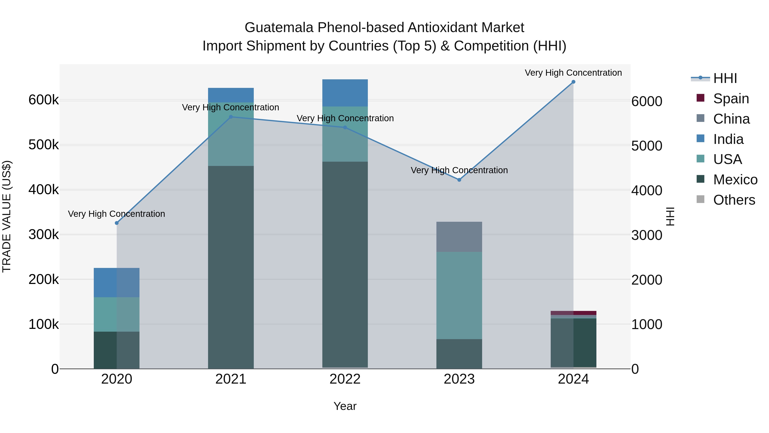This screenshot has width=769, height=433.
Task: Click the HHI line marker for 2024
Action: pyautogui.click(x=573, y=82)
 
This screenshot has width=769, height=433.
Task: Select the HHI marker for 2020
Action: pyautogui.click(x=117, y=223)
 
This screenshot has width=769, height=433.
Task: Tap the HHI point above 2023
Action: pyautogui.click(x=459, y=180)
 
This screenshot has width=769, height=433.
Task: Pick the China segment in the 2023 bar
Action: pyautogui.click(x=459, y=237)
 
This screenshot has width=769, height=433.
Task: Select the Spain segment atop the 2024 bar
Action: pyautogui.click(x=573, y=313)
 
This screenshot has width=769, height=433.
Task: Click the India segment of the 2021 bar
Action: pyautogui.click(x=231, y=95)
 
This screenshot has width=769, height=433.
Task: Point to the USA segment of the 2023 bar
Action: pyautogui.click(x=459, y=295)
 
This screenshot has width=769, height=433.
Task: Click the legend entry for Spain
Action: pyautogui.click(x=731, y=99)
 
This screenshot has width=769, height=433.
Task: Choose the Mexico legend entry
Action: pyautogui.click(x=735, y=180)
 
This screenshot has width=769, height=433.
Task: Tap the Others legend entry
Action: pyautogui.click(x=734, y=200)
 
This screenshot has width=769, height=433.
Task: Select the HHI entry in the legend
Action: pyautogui.click(x=725, y=78)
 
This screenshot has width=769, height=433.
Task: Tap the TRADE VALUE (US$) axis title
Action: pyautogui.click(x=7, y=216)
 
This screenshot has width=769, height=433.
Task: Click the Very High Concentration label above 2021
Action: pyautogui.click(x=230, y=107)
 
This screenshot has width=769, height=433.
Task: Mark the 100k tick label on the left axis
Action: pyautogui.click(x=44, y=324)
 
